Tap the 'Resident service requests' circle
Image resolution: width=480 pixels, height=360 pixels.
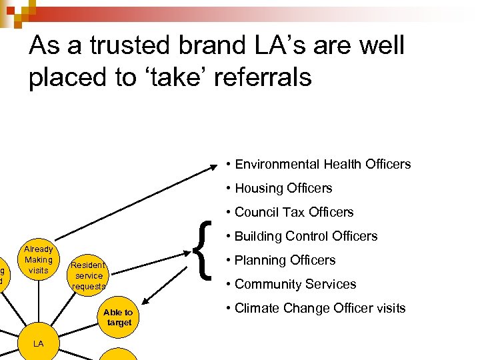pyautogui.click(x=89, y=275)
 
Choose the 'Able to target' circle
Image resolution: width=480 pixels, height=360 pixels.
pyautogui.click(x=118, y=317)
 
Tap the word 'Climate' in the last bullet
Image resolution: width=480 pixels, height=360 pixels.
pyautogui.click(x=257, y=308)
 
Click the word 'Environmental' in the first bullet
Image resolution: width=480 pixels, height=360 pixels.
pyautogui.click(x=276, y=164)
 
